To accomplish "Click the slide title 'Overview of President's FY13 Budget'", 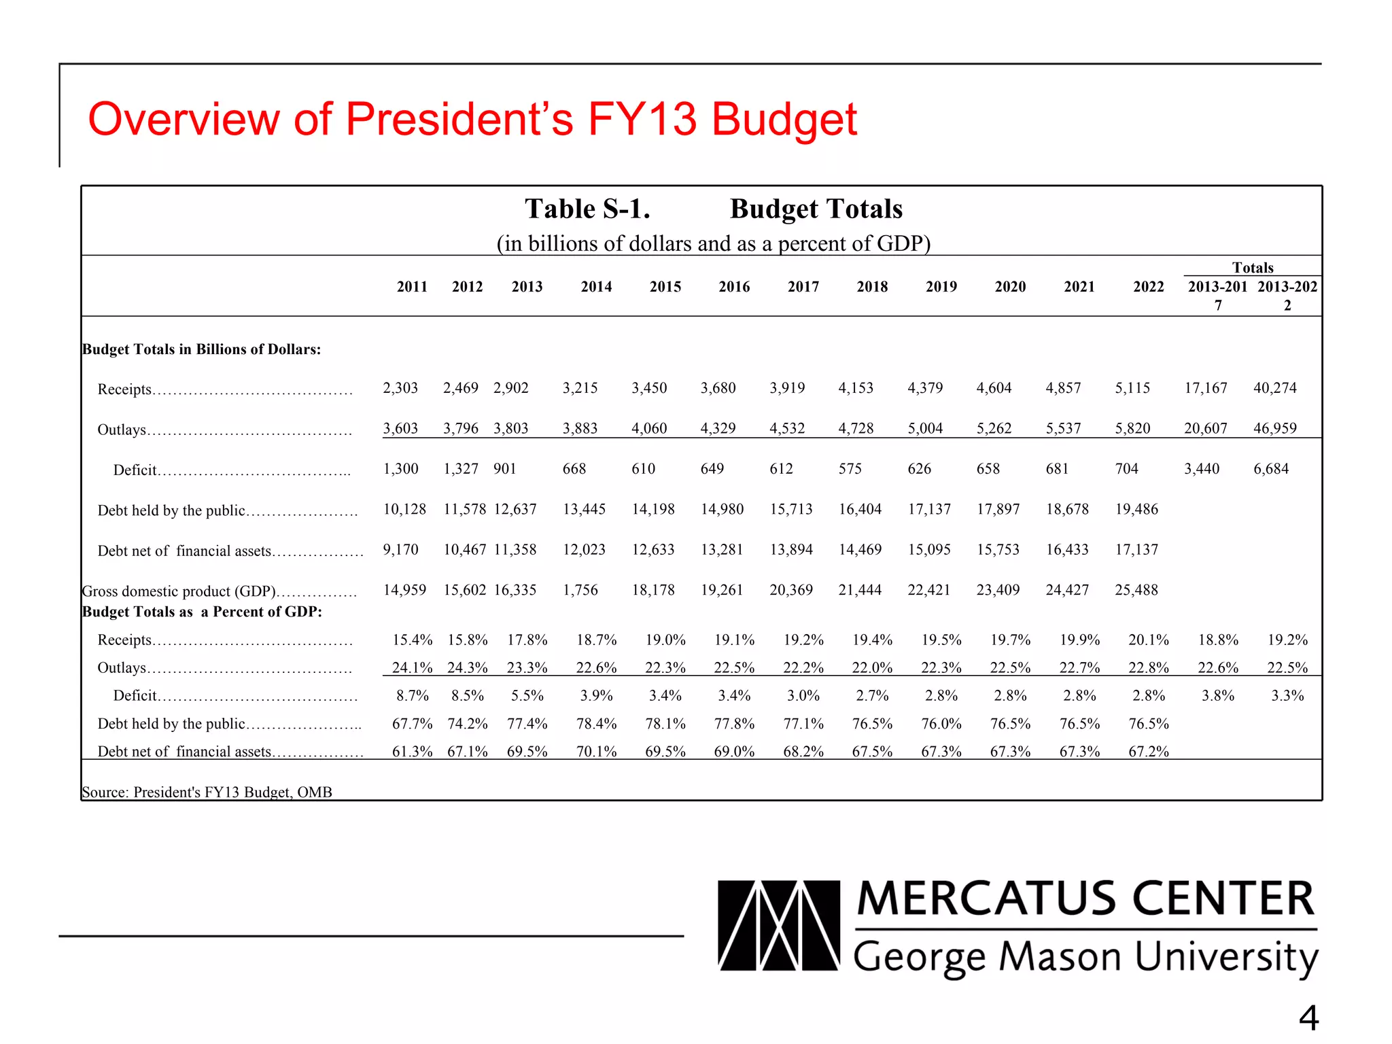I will tap(472, 120).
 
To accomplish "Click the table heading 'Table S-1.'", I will tap(587, 209).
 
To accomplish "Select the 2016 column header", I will tap(734, 287).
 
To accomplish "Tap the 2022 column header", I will tap(1148, 287).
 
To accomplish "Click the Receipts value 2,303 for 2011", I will tap(400, 388).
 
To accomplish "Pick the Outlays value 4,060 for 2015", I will tap(649, 428).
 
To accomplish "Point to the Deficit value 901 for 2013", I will tap(505, 469).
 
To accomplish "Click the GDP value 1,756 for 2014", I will tap(580, 590).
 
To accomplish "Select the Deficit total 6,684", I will tap(1271, 469).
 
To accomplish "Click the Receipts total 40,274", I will tap(1275, 388).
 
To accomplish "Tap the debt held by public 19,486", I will tap(1136, 509).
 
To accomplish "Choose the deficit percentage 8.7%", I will tap(413, 696).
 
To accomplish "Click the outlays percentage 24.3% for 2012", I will tap(468, 667).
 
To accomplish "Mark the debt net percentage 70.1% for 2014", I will tap(596, 752).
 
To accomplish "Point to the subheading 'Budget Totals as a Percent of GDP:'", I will tap(202, 612).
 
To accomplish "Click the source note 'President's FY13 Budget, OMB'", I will tap(232, 793).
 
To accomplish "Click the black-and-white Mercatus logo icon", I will tap(779, 926).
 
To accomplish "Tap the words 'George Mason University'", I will tap(1085, 958).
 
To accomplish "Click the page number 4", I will tap(1308, 1018).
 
